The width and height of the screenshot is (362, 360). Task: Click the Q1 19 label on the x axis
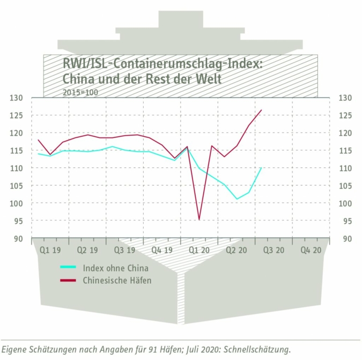[x=50, y=250]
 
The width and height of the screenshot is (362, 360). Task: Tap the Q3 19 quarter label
[x=124, y=250]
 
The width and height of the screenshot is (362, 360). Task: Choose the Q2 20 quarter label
[x=236, y=250]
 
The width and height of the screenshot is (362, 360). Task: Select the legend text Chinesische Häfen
[x=117, y=280]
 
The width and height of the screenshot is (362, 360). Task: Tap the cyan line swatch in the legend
[x=68, y=267]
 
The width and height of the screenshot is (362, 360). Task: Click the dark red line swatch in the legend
[x=68, y=280]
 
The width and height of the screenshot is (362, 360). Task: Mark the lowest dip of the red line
[x=200, y=219]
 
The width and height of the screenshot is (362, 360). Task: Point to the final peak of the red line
[x=261, y=110]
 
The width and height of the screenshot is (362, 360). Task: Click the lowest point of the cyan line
[x=237, y=199]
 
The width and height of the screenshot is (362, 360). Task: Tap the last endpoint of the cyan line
[x=261, y=168]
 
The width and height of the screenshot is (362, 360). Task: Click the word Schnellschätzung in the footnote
[x=257, y=349]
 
